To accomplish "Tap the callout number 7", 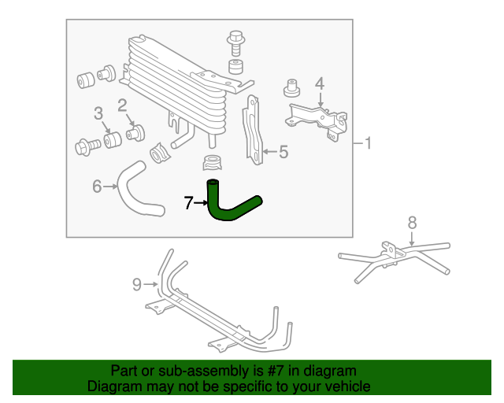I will click(x=188, y=203).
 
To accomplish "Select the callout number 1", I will click(x=369, y=143).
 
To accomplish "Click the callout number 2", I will click(x=123, y=105).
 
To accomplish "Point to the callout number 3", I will click(x=98, y=115).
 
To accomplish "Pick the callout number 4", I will click(x=320, y=83).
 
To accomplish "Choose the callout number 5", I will click(x=283, y=151).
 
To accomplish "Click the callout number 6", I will click(x=98, y=187).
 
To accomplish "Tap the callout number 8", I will click(x=412, y=223).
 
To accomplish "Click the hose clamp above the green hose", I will click(x=212, y=164).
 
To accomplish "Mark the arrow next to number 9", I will click(x=151, y=283).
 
